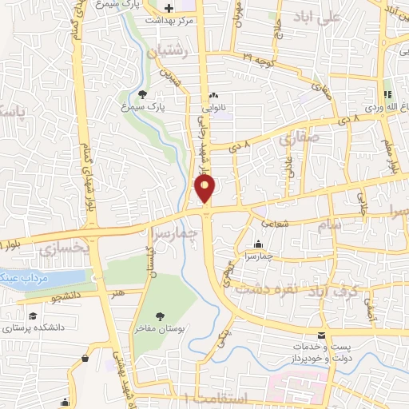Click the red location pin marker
click(x=206, y=189)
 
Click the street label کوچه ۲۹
click(x=259, y=61)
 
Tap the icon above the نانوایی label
click(x=213, y=96)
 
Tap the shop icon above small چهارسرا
click(x=258, y=244)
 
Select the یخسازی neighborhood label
click(x=61, y=249)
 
